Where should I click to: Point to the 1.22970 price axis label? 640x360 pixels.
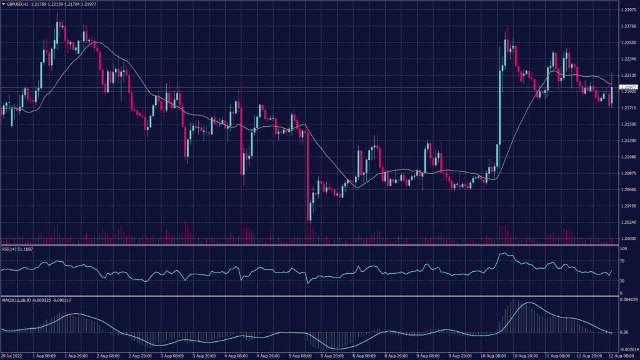click(628, 11)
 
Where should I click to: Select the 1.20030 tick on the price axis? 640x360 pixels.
click(628, 238)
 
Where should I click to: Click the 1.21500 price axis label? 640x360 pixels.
click(628, 124)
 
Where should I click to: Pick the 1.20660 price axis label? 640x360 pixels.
click(628, 189)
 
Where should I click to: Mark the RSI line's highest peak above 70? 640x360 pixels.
click(505, 253)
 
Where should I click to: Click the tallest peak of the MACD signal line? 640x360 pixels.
click(529, 303)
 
